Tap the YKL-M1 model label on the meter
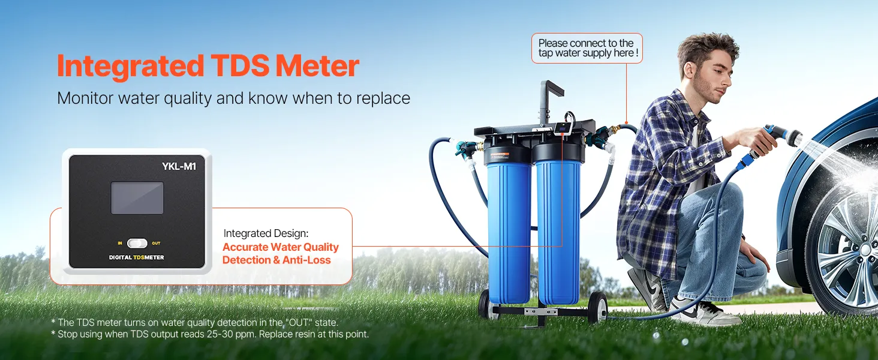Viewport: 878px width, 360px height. (x=179, y=166)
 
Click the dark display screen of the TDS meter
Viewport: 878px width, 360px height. (x=137, y=198)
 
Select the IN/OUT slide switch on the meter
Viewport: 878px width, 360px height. (x=137, y=244)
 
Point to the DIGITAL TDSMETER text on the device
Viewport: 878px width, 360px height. (x=136, y=257)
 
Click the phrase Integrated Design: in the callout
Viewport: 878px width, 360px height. (x=266, y=233)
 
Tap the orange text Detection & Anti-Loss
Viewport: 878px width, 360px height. (x=276, y=260)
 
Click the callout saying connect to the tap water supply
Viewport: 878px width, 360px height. (x=587, y=48)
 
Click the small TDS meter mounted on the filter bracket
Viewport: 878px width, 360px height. (x=563, y=128)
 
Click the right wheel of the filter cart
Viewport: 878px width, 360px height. (x=597, y=307)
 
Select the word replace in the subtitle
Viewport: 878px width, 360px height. (x=383, y=98)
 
